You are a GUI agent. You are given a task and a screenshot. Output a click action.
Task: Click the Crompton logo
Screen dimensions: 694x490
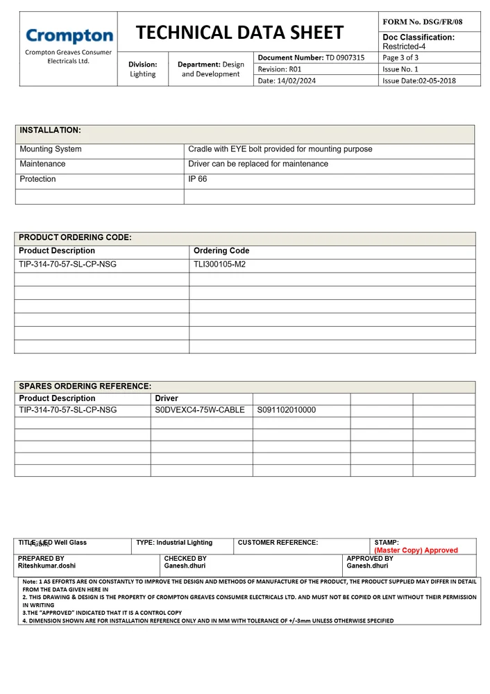(x=69, y=36)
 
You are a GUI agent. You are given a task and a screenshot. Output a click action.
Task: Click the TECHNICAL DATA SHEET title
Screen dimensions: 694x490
(x=239, y=33)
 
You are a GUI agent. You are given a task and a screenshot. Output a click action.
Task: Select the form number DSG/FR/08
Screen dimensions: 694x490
(x=422, y=22)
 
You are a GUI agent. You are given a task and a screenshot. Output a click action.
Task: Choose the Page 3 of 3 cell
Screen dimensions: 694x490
(x=400, y=58)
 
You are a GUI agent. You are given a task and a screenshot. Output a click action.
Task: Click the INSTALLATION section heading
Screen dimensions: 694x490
(x=50, y=130)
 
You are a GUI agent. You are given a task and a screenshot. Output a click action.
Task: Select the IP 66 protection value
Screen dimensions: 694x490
(x=198, y=179)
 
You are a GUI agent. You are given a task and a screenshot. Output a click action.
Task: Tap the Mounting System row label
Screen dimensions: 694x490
(x=51, y=149)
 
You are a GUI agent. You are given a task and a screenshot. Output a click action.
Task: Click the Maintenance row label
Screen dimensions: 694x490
(x=42, y=164)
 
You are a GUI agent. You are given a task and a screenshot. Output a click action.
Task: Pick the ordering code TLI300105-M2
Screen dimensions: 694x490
(x=219, y=264)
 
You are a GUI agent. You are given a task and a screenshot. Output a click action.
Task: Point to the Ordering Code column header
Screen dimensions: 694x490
(x=221, y=251)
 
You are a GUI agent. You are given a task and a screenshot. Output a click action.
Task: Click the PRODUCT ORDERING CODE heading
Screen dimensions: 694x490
(x=75, y=237)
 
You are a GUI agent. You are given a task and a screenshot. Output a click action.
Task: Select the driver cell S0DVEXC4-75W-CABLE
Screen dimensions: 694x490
(x=200, y=410)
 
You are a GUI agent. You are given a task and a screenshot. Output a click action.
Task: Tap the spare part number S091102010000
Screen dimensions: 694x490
(x=286, y=410)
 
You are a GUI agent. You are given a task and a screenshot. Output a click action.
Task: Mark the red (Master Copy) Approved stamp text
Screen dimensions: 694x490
(x=416, y=550)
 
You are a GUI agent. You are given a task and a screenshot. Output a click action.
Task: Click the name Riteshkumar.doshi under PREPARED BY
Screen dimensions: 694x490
(x=47, y=566)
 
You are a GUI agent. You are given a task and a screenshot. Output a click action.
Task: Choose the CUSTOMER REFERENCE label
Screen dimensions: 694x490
(x=278, y=543)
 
